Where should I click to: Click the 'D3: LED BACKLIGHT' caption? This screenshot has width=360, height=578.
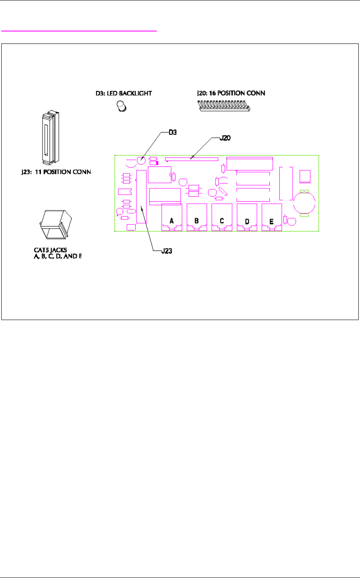(121, 94)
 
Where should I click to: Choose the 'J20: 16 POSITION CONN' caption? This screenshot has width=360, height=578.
(230, 93)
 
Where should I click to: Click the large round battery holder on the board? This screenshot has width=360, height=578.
(305, 203)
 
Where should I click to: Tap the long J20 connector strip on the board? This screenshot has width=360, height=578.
(192, 158)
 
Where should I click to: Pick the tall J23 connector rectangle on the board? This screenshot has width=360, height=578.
(142, 197)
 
